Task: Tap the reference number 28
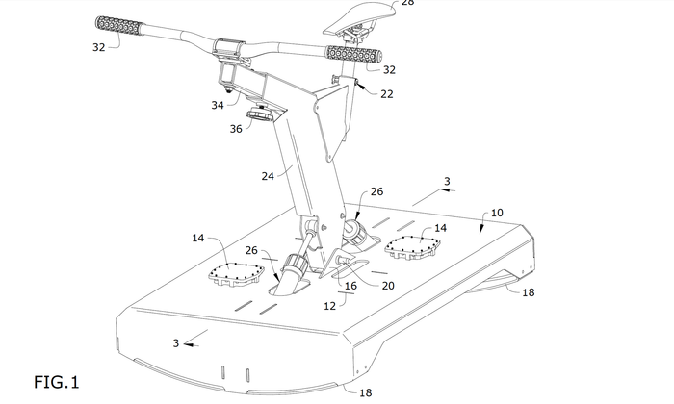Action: (407, 3)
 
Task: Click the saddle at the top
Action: (365, 11)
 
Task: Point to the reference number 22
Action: (386, 94)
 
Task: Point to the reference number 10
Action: (497, 212)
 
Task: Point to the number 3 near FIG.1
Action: (176, 343)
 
